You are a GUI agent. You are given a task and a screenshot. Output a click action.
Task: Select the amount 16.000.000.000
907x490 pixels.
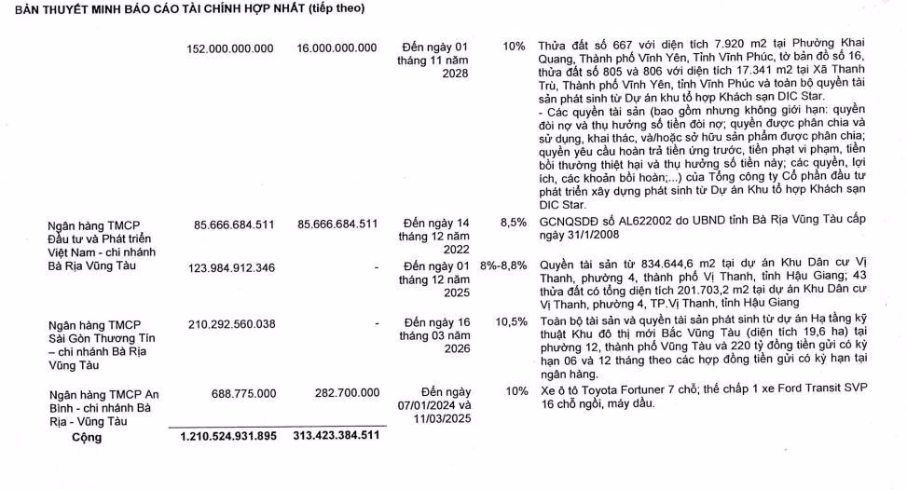click(x=337, y=48)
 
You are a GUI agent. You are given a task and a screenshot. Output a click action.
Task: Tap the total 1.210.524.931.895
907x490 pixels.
click(x=228, y=436)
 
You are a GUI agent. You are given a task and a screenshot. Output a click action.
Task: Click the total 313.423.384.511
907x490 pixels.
click(x=337, y=436)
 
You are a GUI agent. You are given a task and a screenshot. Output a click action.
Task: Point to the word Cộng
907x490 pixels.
click(x=88, y=436)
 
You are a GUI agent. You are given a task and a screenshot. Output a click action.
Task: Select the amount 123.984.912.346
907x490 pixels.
click(x=229, y=268)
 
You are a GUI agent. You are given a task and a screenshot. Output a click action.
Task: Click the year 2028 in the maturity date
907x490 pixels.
click(x=436, y=74)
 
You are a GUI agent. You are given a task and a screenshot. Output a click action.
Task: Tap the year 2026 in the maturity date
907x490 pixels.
click(x=436, y=349)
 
